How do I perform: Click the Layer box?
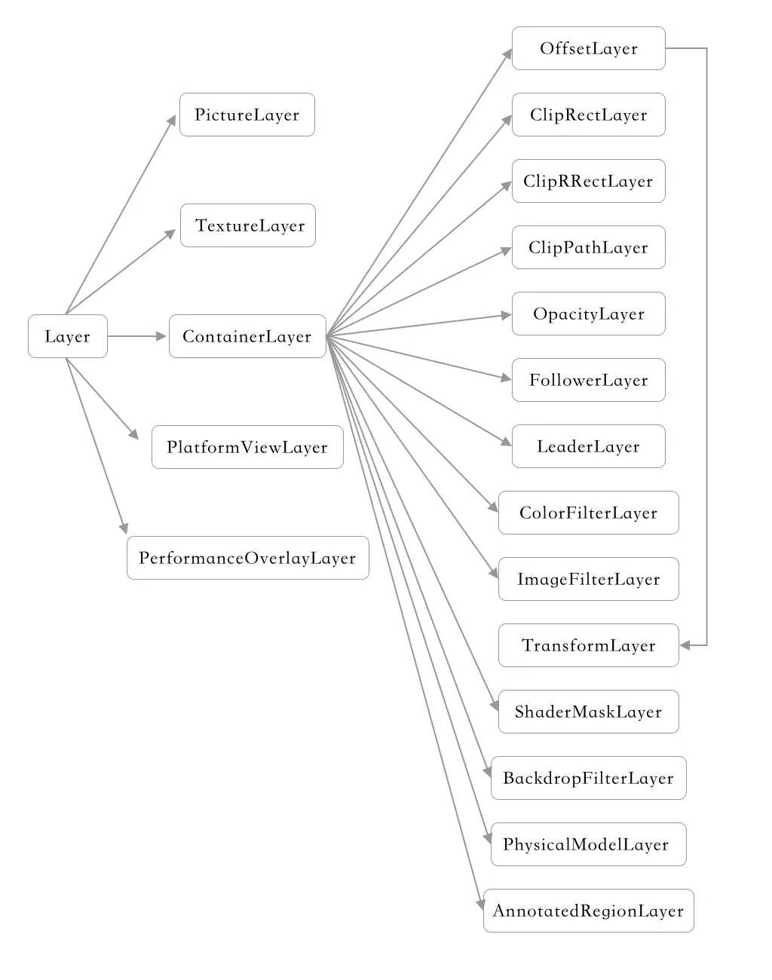tap(68, 336)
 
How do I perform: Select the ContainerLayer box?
tap(247, 336)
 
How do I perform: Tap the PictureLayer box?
tap(247, 115)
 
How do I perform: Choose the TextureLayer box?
tap(248, 225)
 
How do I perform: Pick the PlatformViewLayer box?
tap(247, 447)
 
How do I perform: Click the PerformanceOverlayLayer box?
tap(248, 558)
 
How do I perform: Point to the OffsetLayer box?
tap(589, 48)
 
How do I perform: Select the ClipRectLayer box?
tap(589, 115)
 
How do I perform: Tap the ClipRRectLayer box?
tap(589, 181)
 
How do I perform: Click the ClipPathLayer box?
tap(589, 247)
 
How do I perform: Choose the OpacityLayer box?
tap(589, 314)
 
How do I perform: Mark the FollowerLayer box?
tap(589, 380)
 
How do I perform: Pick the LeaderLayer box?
tap(589, 446)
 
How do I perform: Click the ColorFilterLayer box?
tap(589, 513)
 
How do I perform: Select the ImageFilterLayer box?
tap(589, 579)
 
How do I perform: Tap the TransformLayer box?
tap(589, 645)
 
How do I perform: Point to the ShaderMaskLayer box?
tap(589, 712)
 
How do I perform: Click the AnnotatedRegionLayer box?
tap(589, 911)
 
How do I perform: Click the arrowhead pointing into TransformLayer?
tap(685, 645)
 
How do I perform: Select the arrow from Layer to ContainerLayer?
tap(136, 336)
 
